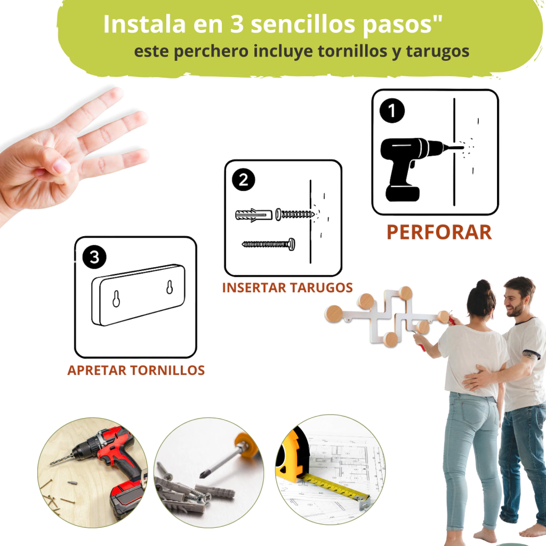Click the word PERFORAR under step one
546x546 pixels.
tap(439, 232)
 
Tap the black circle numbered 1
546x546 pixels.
tap(392, 111)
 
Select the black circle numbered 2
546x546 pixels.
tap(243, 180)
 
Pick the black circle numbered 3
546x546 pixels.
tap(94, 257)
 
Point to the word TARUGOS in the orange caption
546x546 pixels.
tap(321, 288)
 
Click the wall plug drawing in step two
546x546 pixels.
tap(253, 215)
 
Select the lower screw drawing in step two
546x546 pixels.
tap(269, 244)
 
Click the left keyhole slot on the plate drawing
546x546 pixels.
tap(116, 299)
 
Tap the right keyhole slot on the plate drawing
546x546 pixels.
tap(170, 287)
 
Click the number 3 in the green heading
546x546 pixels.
tap(237, 25)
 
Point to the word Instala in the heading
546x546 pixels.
tap(144, 24)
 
